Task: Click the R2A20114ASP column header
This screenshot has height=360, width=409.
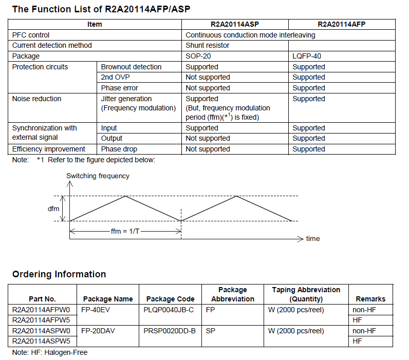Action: [x=235, y=24]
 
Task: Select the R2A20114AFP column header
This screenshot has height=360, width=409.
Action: [x=342, y=24]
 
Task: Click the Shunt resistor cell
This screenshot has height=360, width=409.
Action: [x=208, y=45]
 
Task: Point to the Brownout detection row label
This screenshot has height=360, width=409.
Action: [x=131, y=67]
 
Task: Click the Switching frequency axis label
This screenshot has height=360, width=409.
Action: [x=98, y=176]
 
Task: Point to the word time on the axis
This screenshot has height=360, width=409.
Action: [x=313, y=239]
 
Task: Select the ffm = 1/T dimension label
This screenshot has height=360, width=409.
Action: [x=125, y=231]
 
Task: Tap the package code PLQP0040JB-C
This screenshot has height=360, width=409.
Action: [x=169, y=310]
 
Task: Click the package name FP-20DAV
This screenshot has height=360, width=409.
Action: [x=98, y=331]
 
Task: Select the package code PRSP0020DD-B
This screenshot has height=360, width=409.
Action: [x=170, y=331]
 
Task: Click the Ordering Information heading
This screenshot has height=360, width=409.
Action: [x=59, y=274]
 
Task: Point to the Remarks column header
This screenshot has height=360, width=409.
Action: [x=370, y=299]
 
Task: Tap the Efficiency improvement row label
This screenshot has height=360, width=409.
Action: [x=49, y=149]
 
